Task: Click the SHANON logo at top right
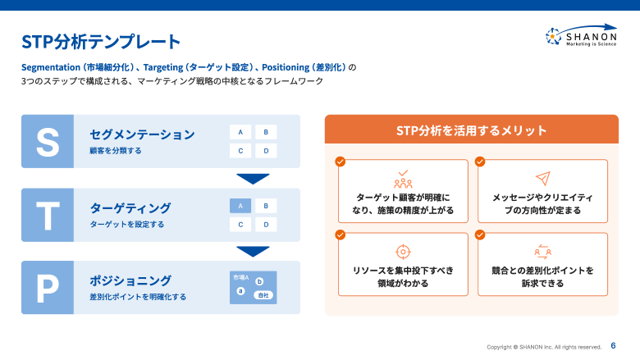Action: [581, 37]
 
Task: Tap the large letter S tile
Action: [48, 141]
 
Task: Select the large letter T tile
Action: [48, 215]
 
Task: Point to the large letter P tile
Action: [48, 288]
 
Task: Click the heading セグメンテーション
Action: [142, 134]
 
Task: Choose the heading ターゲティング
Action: [130, 207]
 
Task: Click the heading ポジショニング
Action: [130, 280]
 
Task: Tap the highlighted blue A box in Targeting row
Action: [240, 206]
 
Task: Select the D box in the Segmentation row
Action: [265, 151]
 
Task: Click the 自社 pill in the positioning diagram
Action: [263, 294]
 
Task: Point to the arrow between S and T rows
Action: [253, 179]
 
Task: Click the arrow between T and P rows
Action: [253, 251]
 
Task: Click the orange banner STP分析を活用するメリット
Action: [472, 130]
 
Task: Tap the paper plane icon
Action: [542, 179]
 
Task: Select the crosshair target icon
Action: [403, 252]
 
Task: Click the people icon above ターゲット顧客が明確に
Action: [403, 179]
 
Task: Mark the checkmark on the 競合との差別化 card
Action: [480, 235]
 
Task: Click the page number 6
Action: [614, 345]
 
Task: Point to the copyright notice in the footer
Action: [544, 347]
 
